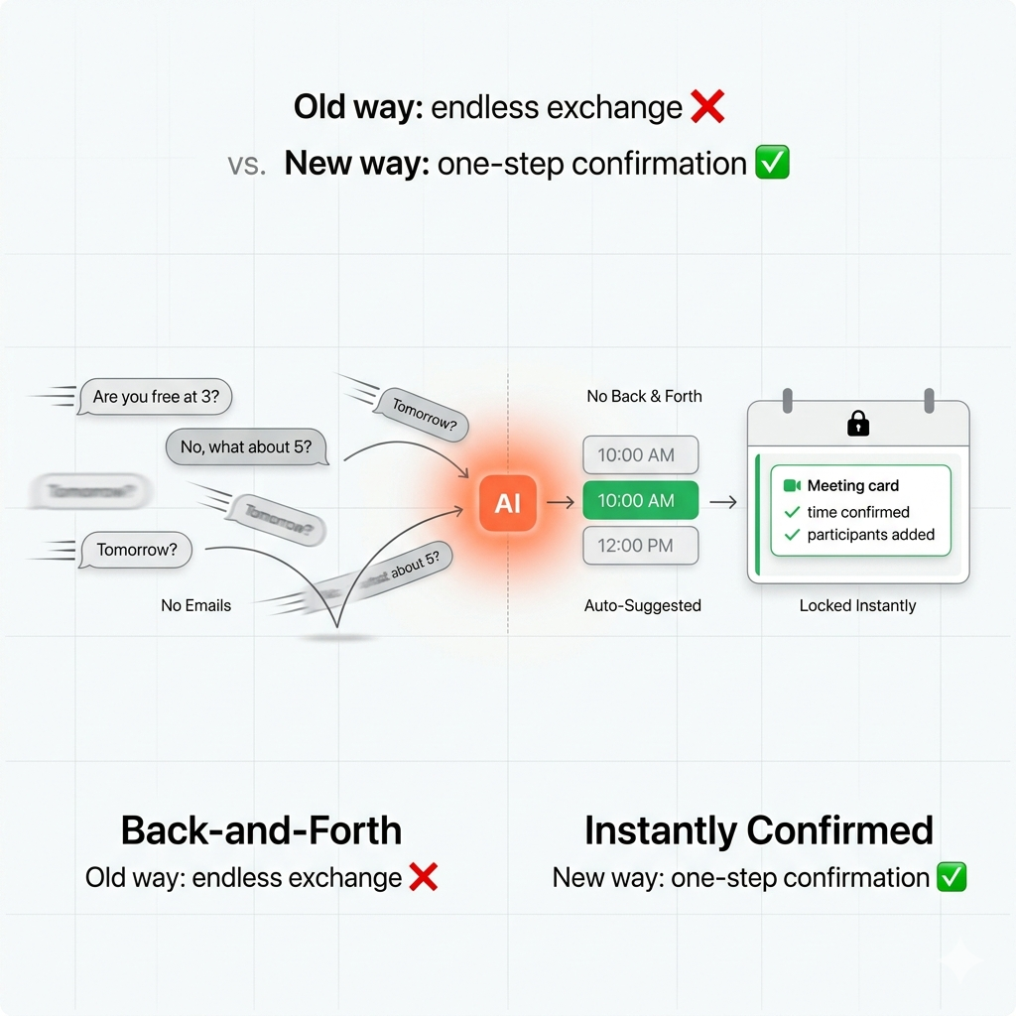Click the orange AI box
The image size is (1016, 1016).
coord(507,503)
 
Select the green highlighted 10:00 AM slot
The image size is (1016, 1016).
coord(640,501)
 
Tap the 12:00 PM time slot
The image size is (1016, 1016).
coord(640,546)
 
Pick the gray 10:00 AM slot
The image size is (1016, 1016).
coord(640,455)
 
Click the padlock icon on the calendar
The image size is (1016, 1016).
coord(858,424)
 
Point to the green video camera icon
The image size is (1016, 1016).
coord(792,485)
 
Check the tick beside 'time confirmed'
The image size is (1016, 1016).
coord(792,512)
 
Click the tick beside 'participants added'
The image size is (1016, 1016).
coord(792,535)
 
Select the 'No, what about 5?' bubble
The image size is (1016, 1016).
coord(246,447)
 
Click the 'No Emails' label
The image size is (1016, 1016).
coord(195,605)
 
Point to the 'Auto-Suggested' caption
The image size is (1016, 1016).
coord(642,605)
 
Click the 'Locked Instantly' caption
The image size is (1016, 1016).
coord(857,605)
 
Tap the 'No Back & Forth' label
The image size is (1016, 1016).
coord(644,396)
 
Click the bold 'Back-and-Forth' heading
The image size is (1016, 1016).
coord(261,830)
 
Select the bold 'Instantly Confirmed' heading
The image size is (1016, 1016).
coord(759,830)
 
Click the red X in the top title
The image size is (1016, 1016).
coord(706,107)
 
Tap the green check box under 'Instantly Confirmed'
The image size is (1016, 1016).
coord(952,877)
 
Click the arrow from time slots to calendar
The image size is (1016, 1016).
coord(723,502)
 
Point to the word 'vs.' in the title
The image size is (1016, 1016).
coord(247,164)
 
